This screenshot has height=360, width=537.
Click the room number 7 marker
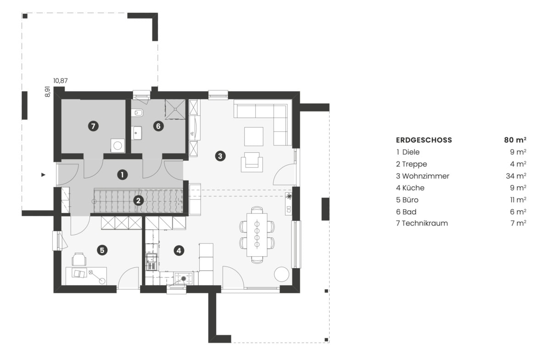[x=94, y=126]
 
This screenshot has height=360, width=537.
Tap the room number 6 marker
[x=158, y=126]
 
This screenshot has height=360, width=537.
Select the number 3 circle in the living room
[x=220, y=156]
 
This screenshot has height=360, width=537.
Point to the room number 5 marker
[x=102, y=250]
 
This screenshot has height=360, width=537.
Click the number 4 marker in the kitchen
[x=179, y=250]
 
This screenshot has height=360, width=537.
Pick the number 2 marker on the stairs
[x=138, y=200]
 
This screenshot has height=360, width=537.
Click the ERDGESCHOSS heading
[x=424, y=140]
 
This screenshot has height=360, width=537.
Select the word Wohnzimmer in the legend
[x=425, y=176]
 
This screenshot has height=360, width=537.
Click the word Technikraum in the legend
[x=425, y=223]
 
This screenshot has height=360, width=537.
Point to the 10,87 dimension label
[x=61, y=81]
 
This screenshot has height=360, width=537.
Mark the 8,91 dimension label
[x=47, y=91]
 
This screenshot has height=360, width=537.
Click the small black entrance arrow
[x=43, y=175]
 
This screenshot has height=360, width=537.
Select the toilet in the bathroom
[x=138, y=113]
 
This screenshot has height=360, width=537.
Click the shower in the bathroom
[x=174, y=109]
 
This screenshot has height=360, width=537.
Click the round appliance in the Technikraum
[x=118, y=145]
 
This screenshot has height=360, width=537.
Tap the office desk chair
[x=79, y=260]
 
